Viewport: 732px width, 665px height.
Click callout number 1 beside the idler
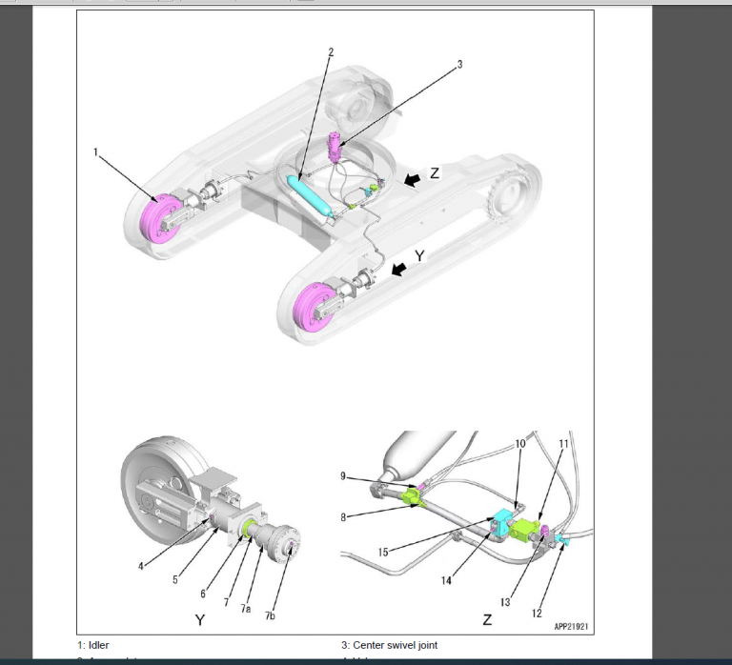point(96,151)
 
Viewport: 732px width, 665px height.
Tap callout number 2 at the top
point(331,52)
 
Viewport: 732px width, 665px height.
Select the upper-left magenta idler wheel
point(152,217)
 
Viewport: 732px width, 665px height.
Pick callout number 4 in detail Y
point(141,566)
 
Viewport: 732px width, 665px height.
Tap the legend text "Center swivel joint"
point(394,645)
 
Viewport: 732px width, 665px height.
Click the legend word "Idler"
point(98,645)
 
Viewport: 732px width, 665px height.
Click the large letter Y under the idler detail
point(200,621)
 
